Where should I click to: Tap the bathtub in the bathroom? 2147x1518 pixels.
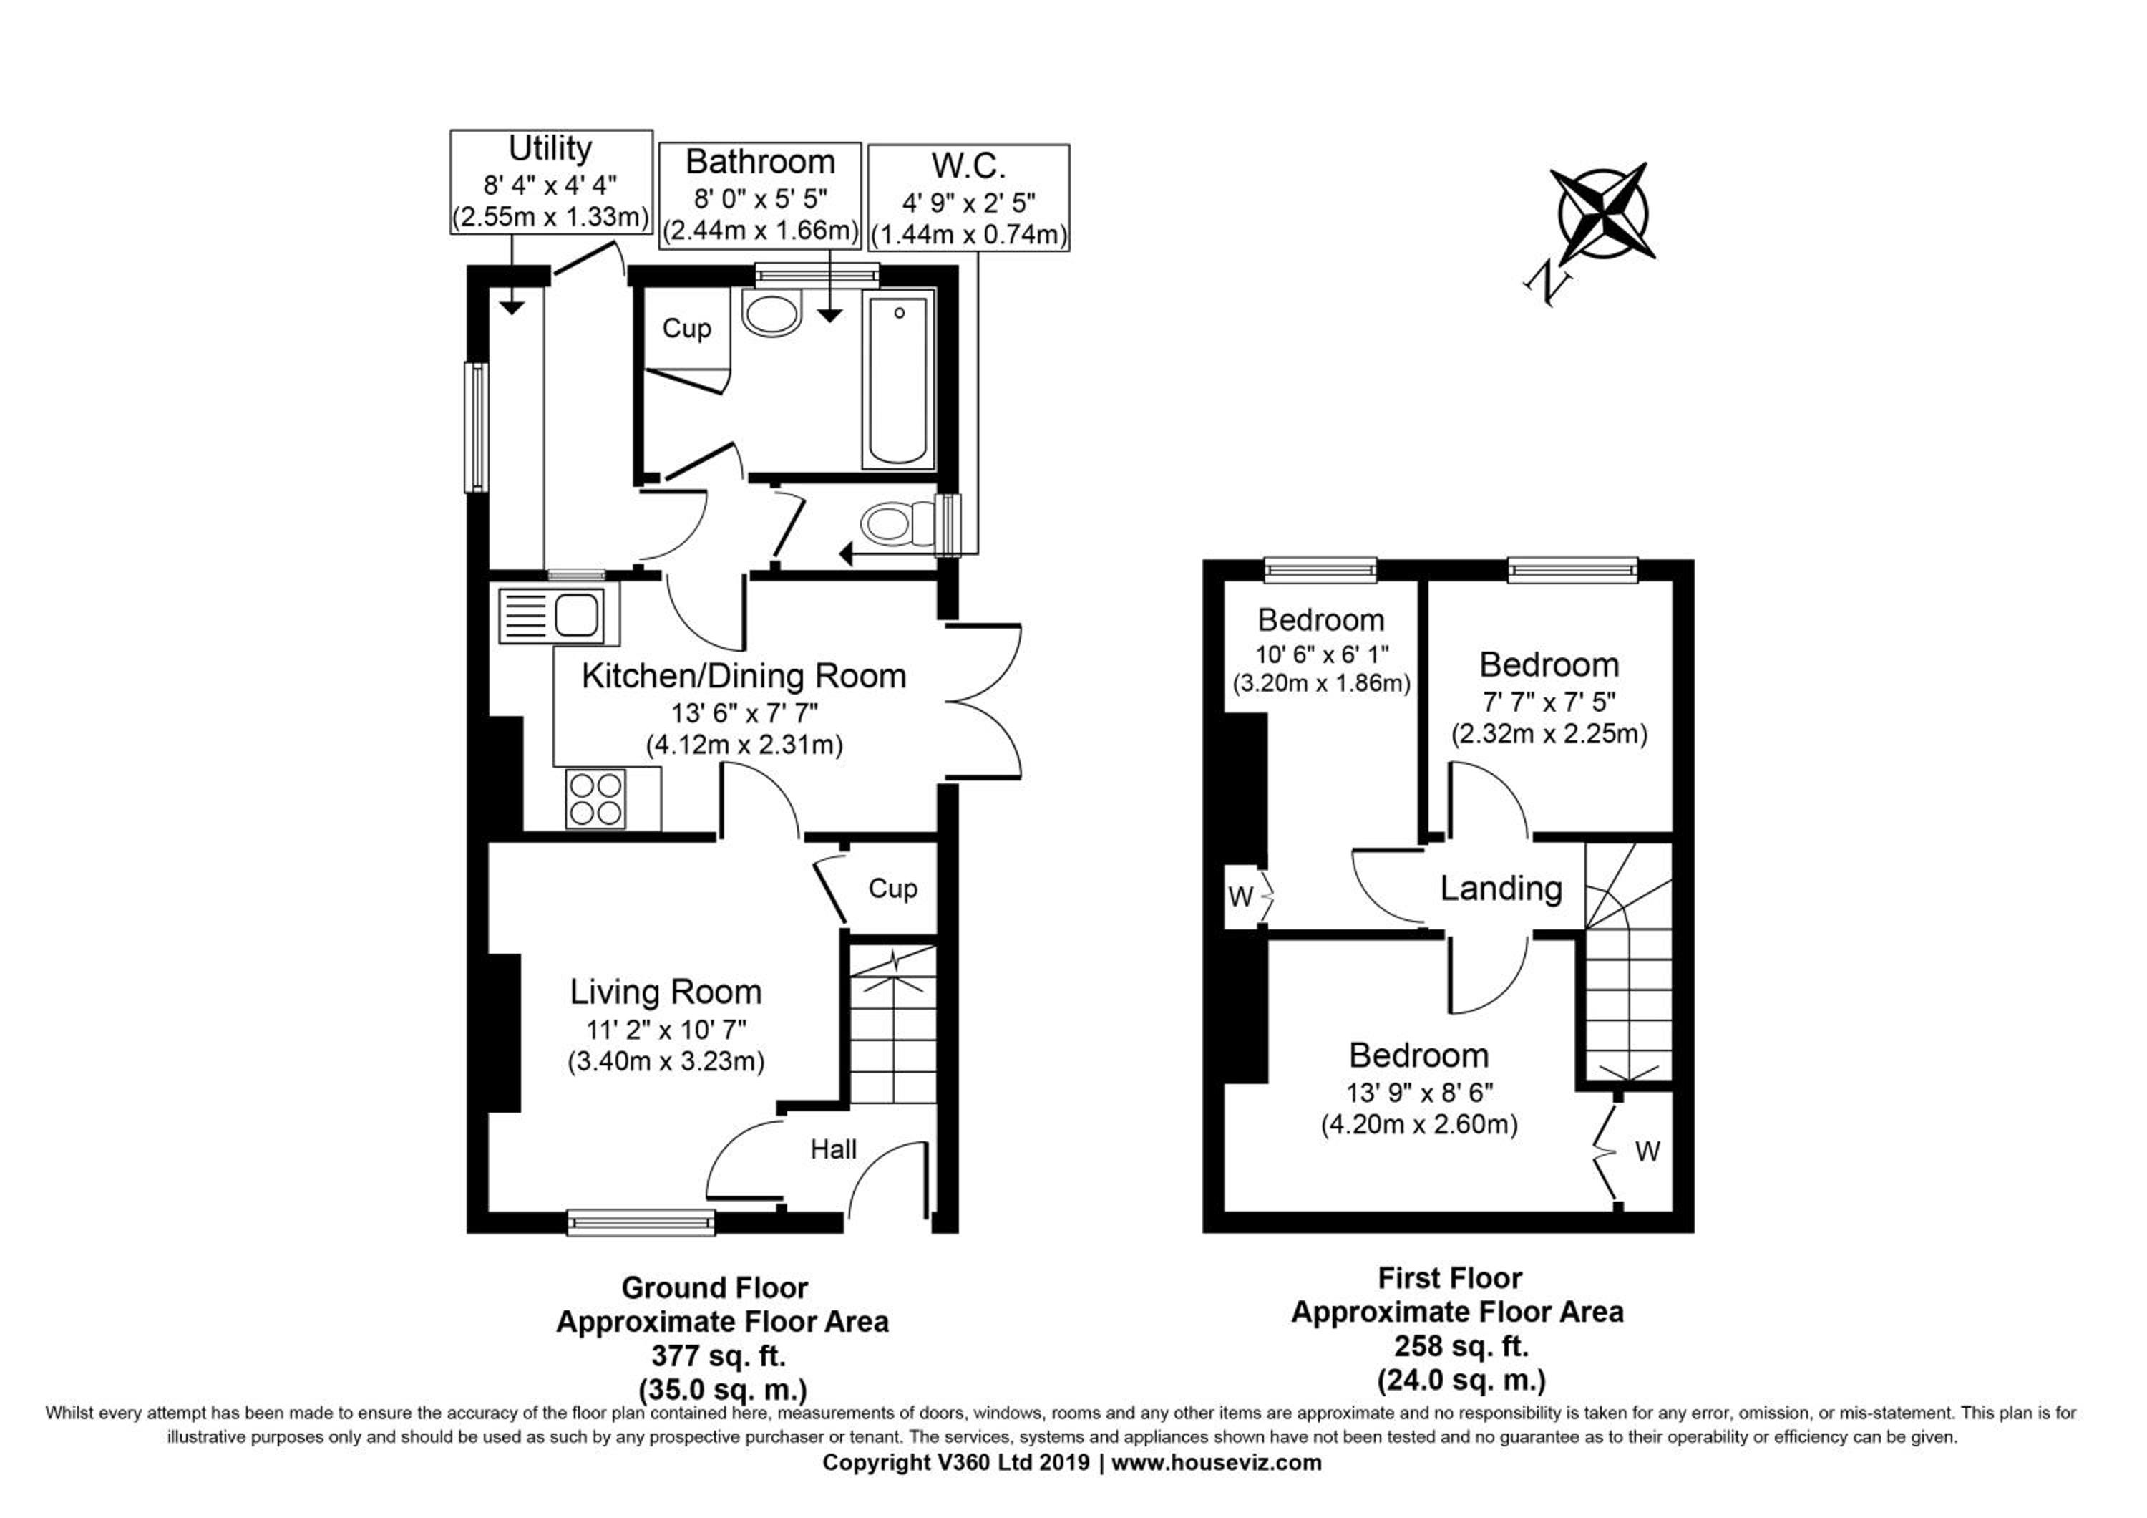pyautogui.click(x=897, y=379)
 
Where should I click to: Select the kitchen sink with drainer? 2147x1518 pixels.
pyautogui.click(x=558, y=615)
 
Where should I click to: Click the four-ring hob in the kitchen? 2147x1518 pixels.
pyautogui.click(x=595, y=798)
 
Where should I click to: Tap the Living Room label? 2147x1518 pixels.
pyautogui.click(x=666, y=992)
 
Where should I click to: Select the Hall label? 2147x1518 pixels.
pyautogui.click(x=833, y=1149)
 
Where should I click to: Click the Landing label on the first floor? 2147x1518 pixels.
pyautogui.click(x=1501, y=889)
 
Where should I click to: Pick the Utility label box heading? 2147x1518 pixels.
pyautogui.click(x=550, y=148)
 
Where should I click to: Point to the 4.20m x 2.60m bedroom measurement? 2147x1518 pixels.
pyautogui.click(x=1419, y=1124)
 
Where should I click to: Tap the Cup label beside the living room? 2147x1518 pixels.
pyautogui.click(x=893, y=889)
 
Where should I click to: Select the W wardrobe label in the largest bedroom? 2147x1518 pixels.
pyautogui.click(x=1647, y=1151)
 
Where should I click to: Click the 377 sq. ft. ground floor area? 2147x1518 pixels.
pyautogui.click(x=718, y=1355)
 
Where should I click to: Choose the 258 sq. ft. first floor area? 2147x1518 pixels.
pyautogui.click(x=1461, y=1346)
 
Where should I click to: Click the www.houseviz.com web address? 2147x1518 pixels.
pyautogui.click(x=1217, y=1463)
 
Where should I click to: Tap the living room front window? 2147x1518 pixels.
pyautogui.click(x=641, y=1222)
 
